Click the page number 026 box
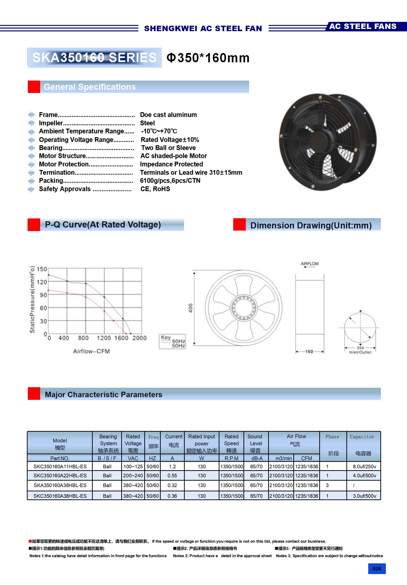coord(377,569)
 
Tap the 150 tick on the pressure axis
coord(42,269)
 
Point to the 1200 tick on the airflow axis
coord(104,338)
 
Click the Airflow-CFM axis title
coord(92,351)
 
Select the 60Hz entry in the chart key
coord(178,341)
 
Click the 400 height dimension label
coord(191,308)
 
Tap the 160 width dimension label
coord(309,352)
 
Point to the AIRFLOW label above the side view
coord(310,264)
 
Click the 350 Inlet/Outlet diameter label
coord(360,350)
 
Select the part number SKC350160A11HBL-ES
coord(60,467)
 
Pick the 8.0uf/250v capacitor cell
coord(364,467)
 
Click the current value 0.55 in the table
coord(172,476)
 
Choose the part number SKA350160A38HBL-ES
coord(60,485)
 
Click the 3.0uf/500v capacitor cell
coord(364,496)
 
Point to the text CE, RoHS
coord(155,189)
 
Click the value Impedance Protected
coord(171,164)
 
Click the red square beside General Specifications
coord(34,87)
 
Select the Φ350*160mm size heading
coord(208,58)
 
